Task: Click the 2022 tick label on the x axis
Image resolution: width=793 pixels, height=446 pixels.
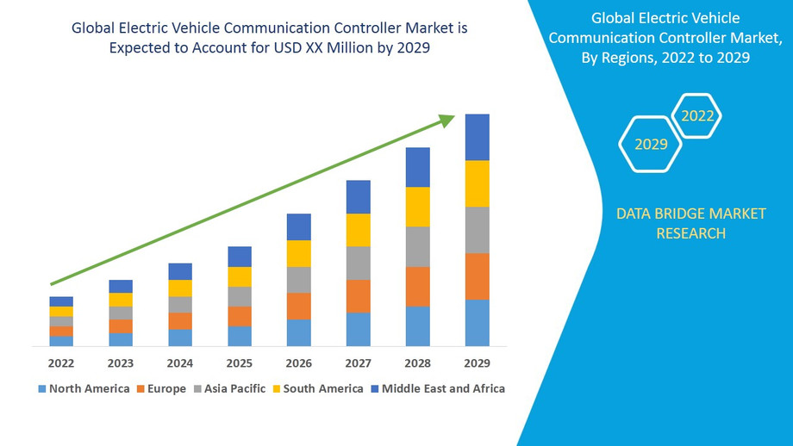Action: [61, 362]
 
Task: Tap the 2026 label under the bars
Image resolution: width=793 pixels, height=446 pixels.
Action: [299, 362]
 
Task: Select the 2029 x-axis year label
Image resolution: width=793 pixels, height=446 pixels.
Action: [477, 362]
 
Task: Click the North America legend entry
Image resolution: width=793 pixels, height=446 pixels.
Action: [83, 388]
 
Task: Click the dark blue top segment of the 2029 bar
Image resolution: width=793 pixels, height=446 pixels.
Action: [477, 137]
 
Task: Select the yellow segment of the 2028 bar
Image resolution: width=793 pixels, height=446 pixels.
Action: [417, 207]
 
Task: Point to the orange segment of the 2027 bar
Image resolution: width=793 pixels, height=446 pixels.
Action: [358, 296]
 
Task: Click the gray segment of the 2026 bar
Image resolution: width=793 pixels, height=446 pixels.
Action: [299, 280]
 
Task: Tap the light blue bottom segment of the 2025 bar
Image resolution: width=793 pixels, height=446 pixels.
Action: [240, 336]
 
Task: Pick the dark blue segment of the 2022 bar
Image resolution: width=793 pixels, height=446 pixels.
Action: [61, 301]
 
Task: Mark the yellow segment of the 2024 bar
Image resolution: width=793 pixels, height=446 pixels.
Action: [180, 288]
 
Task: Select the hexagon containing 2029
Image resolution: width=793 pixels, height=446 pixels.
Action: [651, 144]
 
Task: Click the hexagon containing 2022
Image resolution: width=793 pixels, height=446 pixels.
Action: [696, 115]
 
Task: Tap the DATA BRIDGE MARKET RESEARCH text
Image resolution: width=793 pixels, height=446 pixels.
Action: [690, 223]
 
